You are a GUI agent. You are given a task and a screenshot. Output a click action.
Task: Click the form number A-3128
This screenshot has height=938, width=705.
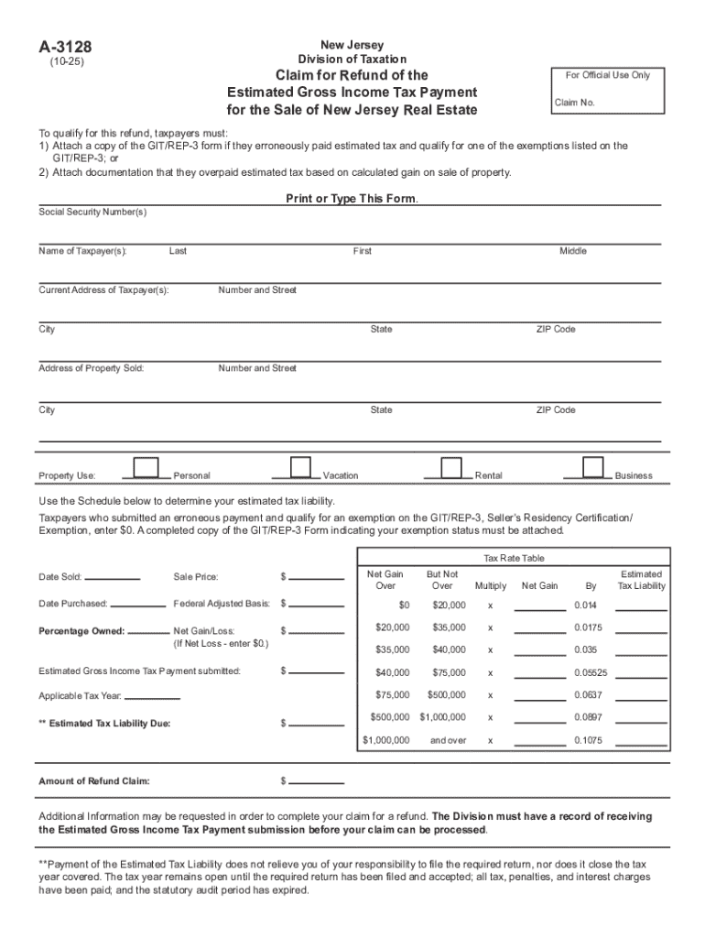tap(65, 48)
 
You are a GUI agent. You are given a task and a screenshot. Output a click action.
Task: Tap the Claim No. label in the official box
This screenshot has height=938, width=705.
tap(574, 103)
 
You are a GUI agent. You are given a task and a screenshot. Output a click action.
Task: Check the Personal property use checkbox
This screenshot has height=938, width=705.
tap(146, 467)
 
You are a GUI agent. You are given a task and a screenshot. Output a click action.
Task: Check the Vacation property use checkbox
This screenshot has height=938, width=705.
tap(300, 467)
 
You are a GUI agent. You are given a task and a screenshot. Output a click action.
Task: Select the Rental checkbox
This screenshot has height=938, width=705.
tap(450, 467)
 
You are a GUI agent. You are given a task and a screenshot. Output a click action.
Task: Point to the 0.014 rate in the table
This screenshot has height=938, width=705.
tap(585, 606)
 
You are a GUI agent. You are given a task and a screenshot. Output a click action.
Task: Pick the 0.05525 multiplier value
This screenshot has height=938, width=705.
tap(590, 673)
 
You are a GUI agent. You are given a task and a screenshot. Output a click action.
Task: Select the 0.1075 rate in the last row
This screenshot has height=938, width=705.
tap(588, 740)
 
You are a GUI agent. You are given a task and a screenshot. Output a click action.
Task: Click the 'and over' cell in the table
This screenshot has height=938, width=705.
tap(449, 740)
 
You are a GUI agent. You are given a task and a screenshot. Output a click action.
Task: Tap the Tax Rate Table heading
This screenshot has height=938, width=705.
tap(514, 559)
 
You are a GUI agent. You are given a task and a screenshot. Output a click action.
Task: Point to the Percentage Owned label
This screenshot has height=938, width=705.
tap(81, 631)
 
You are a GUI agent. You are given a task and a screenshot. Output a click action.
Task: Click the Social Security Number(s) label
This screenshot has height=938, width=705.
tap(92, 213)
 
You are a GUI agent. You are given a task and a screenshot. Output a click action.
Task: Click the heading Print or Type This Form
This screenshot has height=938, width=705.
tap(352, 199)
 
